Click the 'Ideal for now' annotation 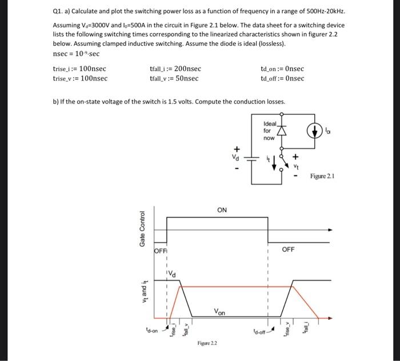click(269, 131)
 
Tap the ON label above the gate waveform click(222, 210)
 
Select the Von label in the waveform click(219, 312)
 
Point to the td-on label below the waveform click(152, 329)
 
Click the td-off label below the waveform click(260, 331)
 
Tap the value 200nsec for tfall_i click(186, 69)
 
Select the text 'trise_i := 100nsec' click(79, 69)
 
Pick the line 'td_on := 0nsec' click(282, 69)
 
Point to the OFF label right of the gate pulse click(289, 250)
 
